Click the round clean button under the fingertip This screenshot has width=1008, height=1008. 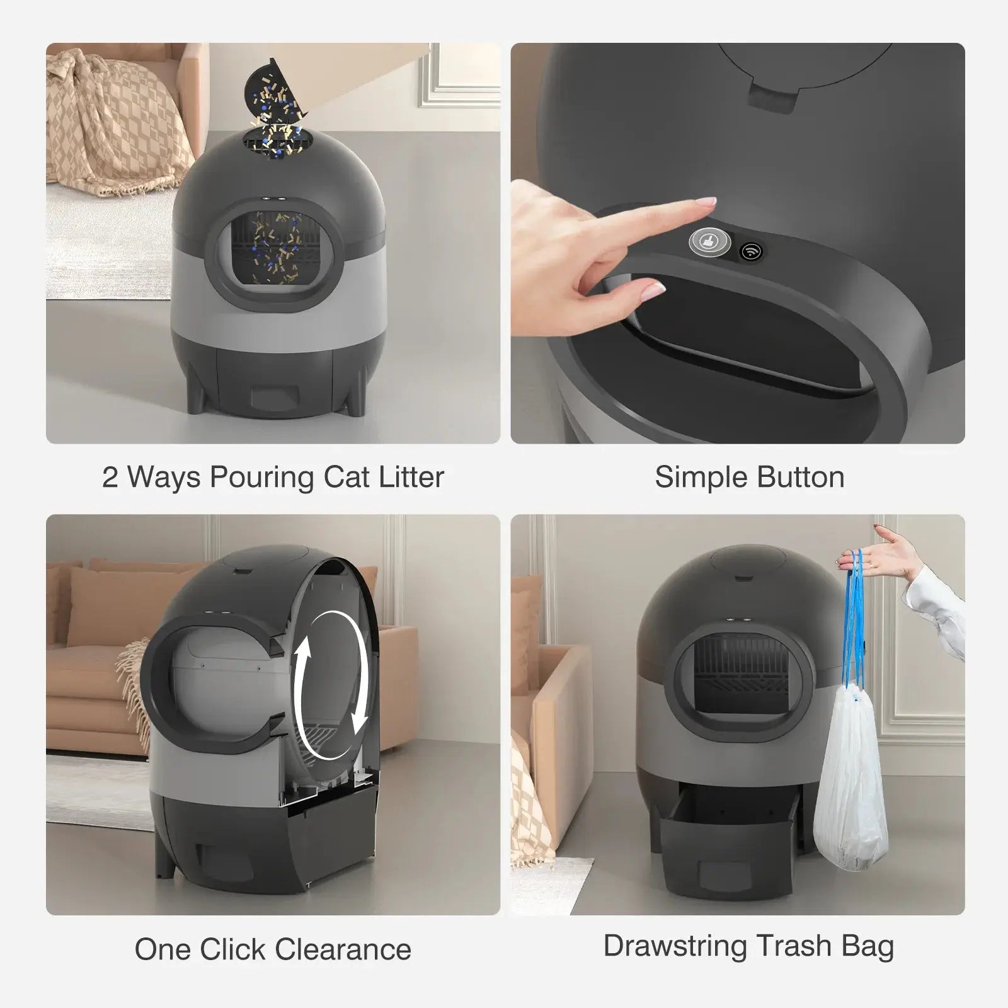[x=706, y=241]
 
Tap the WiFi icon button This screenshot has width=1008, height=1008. [x=750, y=251]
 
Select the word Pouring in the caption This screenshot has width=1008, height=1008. [x=262, y=478]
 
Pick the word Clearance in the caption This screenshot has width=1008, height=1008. [x=343, y=949]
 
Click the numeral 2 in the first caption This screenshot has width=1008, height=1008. [x=110, y=478]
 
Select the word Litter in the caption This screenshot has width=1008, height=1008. [x=411, y=477]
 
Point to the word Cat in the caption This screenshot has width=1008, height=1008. [x=347, y=477]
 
